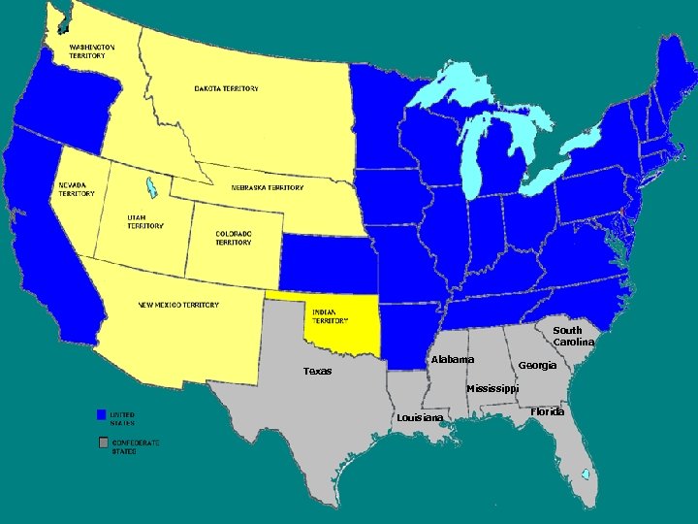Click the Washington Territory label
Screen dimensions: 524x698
point(91,51)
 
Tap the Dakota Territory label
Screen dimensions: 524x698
point(226,88)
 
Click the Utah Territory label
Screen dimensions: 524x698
point(145,221)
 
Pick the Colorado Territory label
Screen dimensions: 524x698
point(234,238)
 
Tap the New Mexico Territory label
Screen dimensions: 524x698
point(178,305)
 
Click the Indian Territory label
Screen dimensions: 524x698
point(331,315)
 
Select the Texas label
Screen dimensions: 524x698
point(317,371)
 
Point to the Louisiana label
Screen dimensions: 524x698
point(420,418)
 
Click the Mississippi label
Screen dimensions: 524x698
point(492,389)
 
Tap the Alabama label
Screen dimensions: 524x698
point(453,360)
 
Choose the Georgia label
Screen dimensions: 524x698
point(537,365)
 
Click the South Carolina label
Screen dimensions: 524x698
point(573,336)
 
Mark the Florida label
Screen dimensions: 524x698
point(547,411)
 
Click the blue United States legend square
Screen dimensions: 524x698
point(101,414)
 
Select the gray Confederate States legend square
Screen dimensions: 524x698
point(102,442)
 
